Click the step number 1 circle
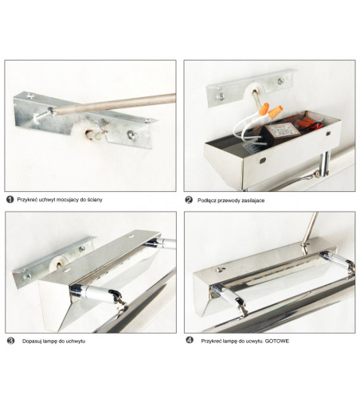point(10,200)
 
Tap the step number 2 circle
point(189,200)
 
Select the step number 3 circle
point(10,341)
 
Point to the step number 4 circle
point(190,340)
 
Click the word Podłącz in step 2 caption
point(206,201)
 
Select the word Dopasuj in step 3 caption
point(31,342)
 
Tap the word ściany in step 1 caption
point(95,200)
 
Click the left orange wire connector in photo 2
point(264,108)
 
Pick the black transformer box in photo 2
point(276,135)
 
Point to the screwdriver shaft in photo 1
point(114,103)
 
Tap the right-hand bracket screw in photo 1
point(132,135)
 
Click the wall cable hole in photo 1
point(89,134)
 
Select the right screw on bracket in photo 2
point(281,81)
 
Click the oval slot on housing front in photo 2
point(263,160)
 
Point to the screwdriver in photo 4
point(309,230)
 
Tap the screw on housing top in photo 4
point(219,270)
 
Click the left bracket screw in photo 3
point(26,276)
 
